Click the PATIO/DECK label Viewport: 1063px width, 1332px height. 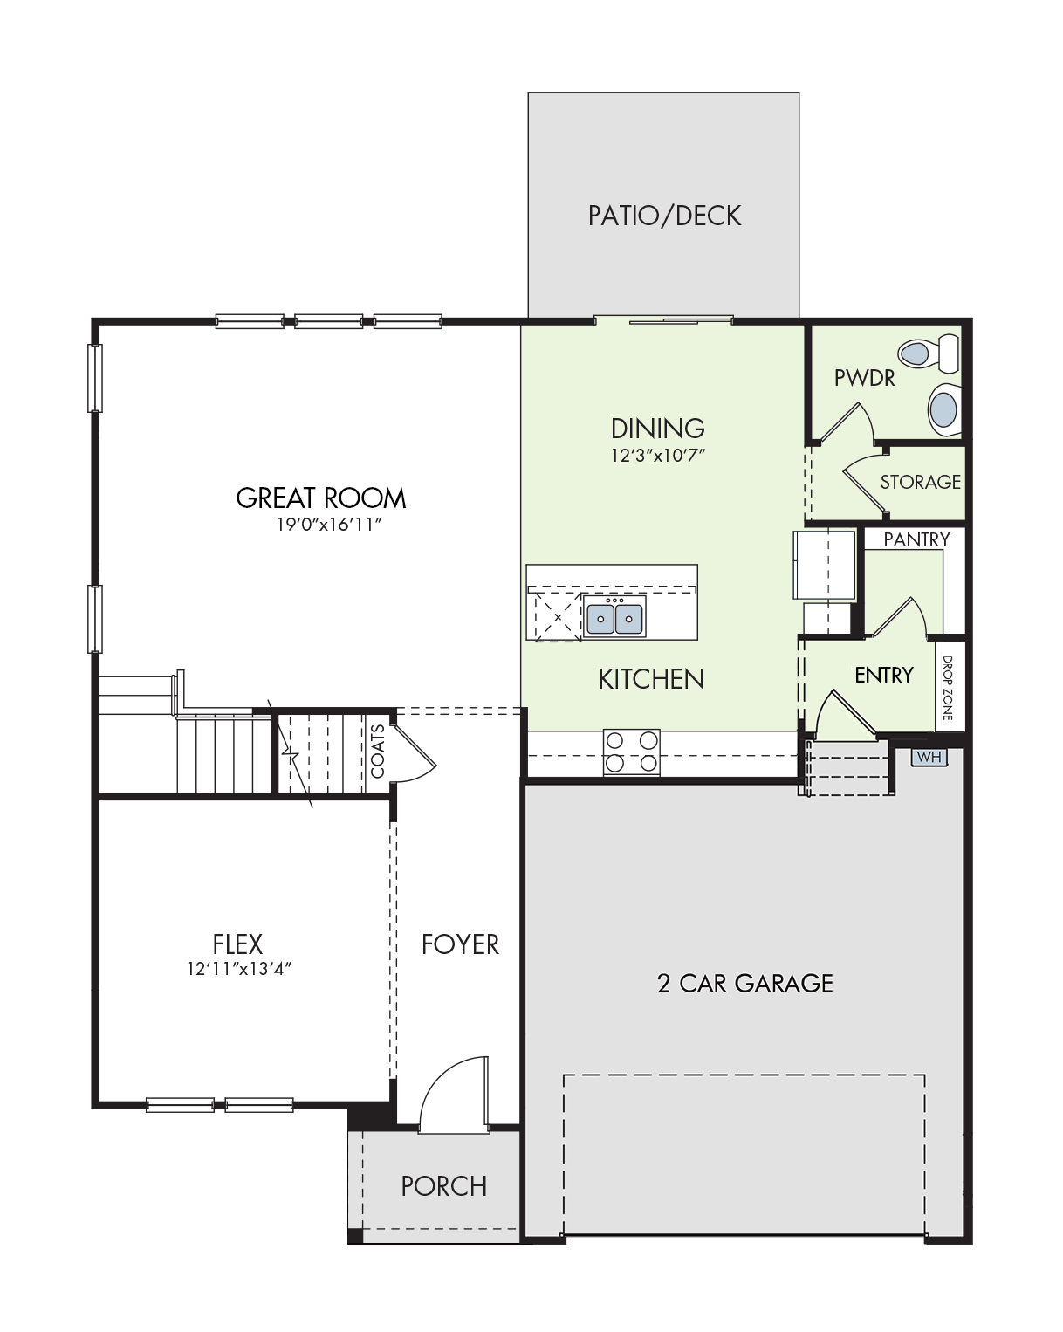point(663,216)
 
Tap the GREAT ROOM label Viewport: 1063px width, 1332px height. point(320,498)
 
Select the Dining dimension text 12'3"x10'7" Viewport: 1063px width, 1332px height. point(657,456)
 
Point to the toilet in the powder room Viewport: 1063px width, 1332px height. point(929,354)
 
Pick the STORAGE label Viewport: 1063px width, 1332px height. point(920,482)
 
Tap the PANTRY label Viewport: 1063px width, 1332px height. point(916,539)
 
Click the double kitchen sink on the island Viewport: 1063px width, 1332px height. point(614,616)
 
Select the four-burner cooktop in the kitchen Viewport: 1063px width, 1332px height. point(632,752)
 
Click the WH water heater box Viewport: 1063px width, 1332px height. point(929,757)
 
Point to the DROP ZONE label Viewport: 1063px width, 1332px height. point(947,688)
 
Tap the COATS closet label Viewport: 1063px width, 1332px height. point(378,751)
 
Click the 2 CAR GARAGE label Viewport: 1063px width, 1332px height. point(744,983)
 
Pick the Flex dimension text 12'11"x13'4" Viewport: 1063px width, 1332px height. point(239,969)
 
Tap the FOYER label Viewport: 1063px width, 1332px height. point(460,944)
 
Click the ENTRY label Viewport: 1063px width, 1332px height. point(884,675)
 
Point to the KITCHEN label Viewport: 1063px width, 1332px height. point(651,679)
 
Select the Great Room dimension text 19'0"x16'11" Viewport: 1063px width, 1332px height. point(328,525)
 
